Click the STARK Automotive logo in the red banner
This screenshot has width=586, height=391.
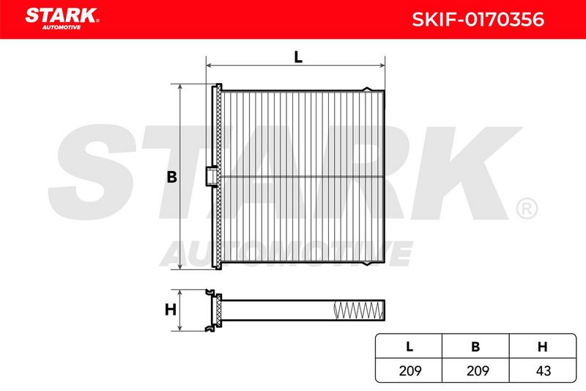coord(62,19)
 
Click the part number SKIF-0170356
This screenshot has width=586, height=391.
coord(478,20)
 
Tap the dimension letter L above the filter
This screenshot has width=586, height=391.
coord(298,57)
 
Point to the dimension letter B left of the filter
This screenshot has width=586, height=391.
coord(172,177)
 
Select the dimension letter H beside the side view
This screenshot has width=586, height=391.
coord(171,310)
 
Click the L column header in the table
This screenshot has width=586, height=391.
coord(409,347)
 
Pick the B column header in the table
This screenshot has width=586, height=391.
coord(475,347)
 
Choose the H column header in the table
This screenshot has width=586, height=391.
coord(542,347)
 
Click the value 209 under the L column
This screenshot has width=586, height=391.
coord(410,370)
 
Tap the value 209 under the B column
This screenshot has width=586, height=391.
coord(478,370)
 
